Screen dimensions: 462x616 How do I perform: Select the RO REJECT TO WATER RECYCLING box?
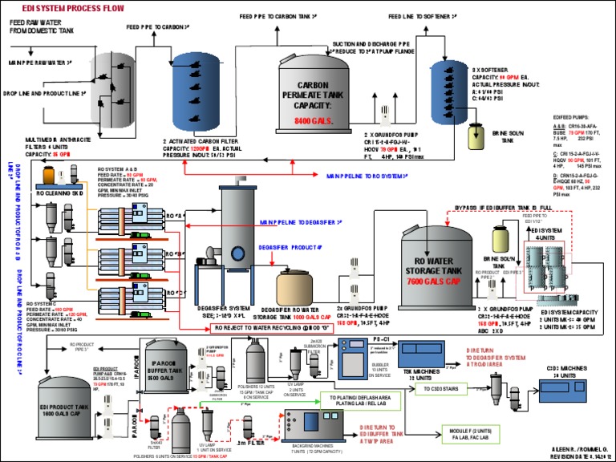coord(271,328)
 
